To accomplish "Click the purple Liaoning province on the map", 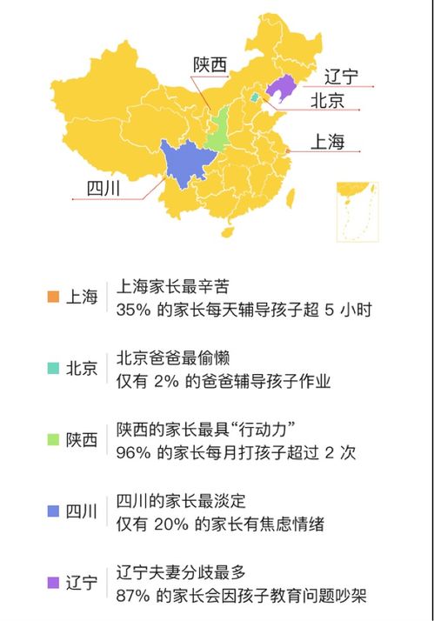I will coord(280,87).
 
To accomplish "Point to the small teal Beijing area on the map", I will coord(255,98).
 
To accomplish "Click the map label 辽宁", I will coord(340,77).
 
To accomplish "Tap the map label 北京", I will coord(327,101).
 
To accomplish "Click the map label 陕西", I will coord(210,64).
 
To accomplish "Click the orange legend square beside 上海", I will coord(53,297).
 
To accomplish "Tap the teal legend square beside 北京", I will coord(53,368).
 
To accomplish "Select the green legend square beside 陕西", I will coord(53,439).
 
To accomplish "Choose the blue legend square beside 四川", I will coord(53,511).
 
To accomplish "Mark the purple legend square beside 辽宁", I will coord(53,582).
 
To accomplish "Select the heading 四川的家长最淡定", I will coord(181,501).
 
